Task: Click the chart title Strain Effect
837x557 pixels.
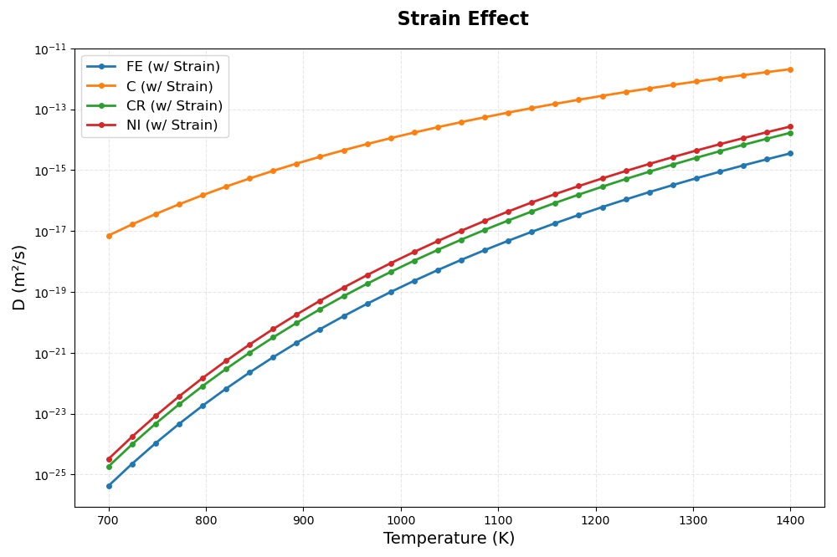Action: click(x=462, y=19)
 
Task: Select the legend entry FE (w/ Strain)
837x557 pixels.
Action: click(x=172, y=67)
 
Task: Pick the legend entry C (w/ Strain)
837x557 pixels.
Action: click(x=169, y=86)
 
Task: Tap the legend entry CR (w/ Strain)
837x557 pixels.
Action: click(x=174, y=106)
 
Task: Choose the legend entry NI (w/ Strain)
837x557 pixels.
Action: click(x=172, y=125)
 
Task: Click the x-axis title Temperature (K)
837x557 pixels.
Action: click(x=449, y=539)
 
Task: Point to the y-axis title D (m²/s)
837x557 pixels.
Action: click(x=20, y=278)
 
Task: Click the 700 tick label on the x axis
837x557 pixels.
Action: click(x=108, y=520)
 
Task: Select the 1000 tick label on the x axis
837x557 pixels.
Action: click(x=400, y=520)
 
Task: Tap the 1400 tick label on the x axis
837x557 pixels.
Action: click(x=790, y=520)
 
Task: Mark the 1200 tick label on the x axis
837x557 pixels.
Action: click(x=595, y=520)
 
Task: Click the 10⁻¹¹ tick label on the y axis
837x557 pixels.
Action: click(x=51, y=49)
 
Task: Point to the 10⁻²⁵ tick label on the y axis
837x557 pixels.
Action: click(x=51, y=475)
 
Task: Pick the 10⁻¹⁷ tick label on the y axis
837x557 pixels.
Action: click(x=51, y=232)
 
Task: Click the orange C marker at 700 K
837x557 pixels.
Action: click(x=109, y=236)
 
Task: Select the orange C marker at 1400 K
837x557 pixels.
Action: click(x=790, y=69)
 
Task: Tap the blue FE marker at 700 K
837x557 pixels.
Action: click(x=109, y=486)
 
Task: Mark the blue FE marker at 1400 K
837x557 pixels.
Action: click(x=790, y=153)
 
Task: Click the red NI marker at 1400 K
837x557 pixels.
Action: click(x=790, y=126)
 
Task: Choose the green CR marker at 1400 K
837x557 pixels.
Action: click(x=790, y=133)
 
